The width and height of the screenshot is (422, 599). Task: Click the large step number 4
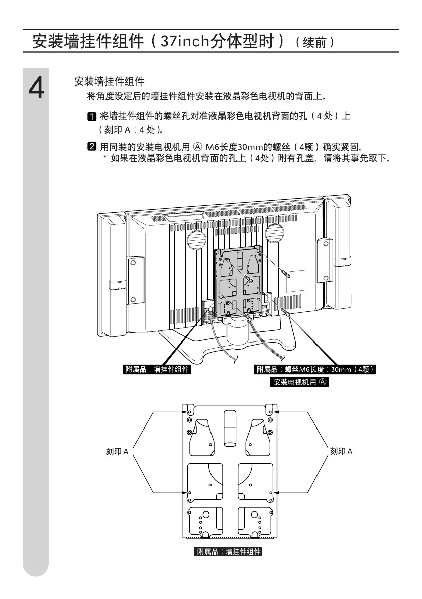tap(36, 89)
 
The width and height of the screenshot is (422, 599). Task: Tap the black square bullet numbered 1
tap(92, 117)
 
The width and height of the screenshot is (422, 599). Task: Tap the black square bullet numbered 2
tap(92, 147)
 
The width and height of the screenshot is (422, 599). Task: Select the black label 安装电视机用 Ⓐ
tap(300, 382)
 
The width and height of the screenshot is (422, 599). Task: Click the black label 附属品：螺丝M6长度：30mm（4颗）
tap(316, 370)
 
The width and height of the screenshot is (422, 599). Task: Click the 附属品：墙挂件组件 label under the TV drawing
tap(157, 370)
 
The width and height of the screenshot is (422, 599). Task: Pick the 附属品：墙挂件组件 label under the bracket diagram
tap(229, 552)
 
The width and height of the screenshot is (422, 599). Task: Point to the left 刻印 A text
tap(117, 452)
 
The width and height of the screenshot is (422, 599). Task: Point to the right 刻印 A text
tap(341, 452)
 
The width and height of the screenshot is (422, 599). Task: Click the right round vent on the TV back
tap(274, 232)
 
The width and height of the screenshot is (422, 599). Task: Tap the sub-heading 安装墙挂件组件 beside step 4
tap(109, 81)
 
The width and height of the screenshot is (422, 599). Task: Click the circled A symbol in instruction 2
tap(197, 147)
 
